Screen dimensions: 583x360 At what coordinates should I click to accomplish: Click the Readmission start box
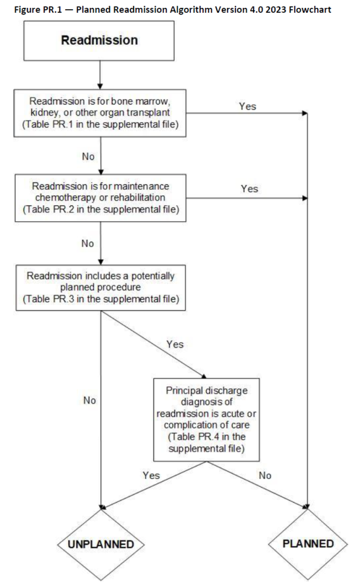click(99, 41)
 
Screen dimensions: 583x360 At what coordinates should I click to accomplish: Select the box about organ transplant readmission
click(99, 112)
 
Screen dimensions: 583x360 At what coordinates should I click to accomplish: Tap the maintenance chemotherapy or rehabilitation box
click(99, 198)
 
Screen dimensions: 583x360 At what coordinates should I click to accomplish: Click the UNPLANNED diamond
click(100, 544)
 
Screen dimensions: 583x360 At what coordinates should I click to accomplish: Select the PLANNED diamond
click(308, 543)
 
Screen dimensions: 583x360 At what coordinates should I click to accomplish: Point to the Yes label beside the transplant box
click(248, 106)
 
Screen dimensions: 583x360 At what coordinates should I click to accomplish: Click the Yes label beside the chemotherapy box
click(249, 189)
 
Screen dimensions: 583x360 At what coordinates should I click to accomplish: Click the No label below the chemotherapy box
click(89, 243)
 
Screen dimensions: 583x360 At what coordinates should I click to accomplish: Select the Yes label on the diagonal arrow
click(175, 344)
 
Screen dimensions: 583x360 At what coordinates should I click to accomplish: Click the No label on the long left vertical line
click(89, 400)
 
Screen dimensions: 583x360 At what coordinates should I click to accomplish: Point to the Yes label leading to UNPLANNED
click(151, 475)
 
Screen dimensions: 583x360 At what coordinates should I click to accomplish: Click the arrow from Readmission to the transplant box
click(99, 74)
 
